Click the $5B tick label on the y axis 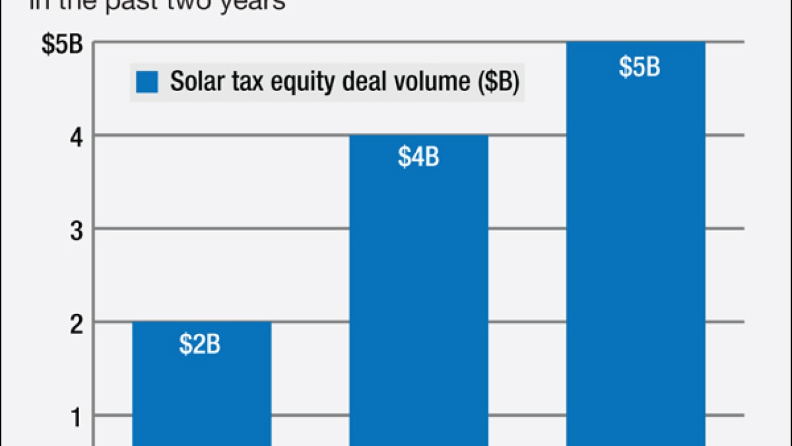pos(62,45)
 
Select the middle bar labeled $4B pos(418,297)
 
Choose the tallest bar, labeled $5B pos(635,248)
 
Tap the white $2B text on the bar pos(200,345)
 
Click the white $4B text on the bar pos(418,157)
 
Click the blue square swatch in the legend pos(147,82)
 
